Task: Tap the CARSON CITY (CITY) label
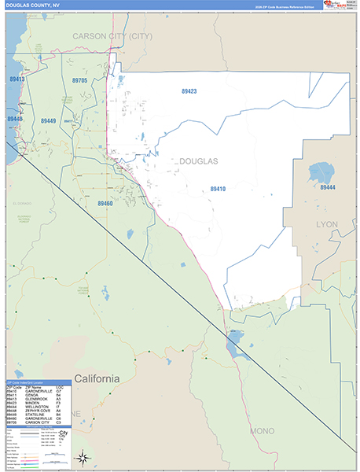coord(112,36)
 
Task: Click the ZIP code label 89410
coord(218,189)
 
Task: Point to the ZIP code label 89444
coord(327,187)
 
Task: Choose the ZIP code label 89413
coord(16,79)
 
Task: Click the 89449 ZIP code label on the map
coord(48,121)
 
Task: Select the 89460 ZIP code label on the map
coord(105,203)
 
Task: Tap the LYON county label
coord(326,225)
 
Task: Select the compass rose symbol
coord(83,458)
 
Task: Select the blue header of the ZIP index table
coord(39,382)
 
